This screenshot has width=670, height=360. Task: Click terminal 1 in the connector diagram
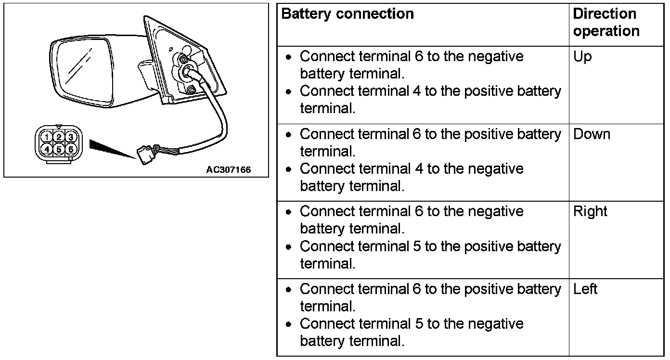46,137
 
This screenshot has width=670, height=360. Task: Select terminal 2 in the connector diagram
58,137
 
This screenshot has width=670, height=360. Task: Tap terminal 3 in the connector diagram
70,137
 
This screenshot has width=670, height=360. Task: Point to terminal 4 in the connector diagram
46,149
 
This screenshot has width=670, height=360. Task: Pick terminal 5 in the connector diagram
58,149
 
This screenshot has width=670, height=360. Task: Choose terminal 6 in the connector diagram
70,149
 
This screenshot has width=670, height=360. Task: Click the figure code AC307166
228,170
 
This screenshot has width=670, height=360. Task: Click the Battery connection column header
347,14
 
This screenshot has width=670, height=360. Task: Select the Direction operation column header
606,23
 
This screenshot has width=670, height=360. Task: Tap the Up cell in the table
582,57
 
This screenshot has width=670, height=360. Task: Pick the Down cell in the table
592,134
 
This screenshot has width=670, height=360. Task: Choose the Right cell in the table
590,212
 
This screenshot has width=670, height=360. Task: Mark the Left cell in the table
585,289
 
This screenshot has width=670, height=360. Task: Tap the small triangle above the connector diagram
58,127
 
